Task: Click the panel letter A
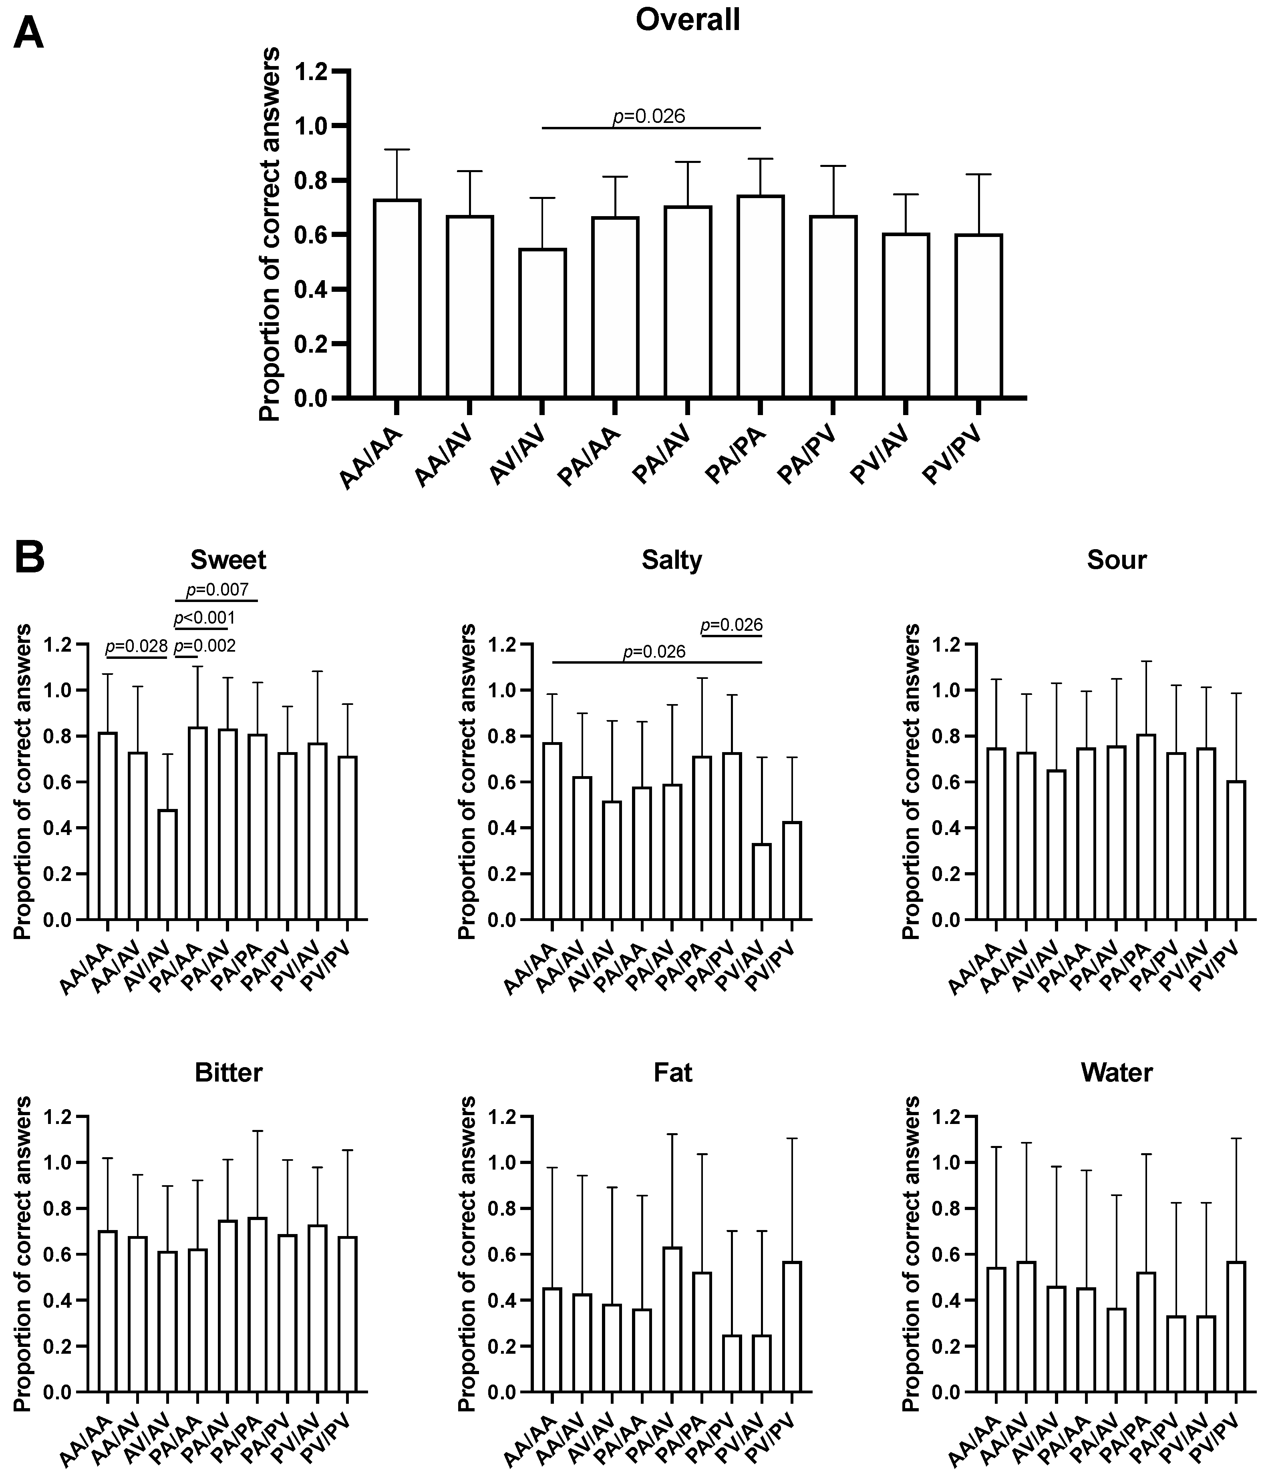[28, 34]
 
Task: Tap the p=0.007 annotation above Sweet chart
[217, 590]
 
